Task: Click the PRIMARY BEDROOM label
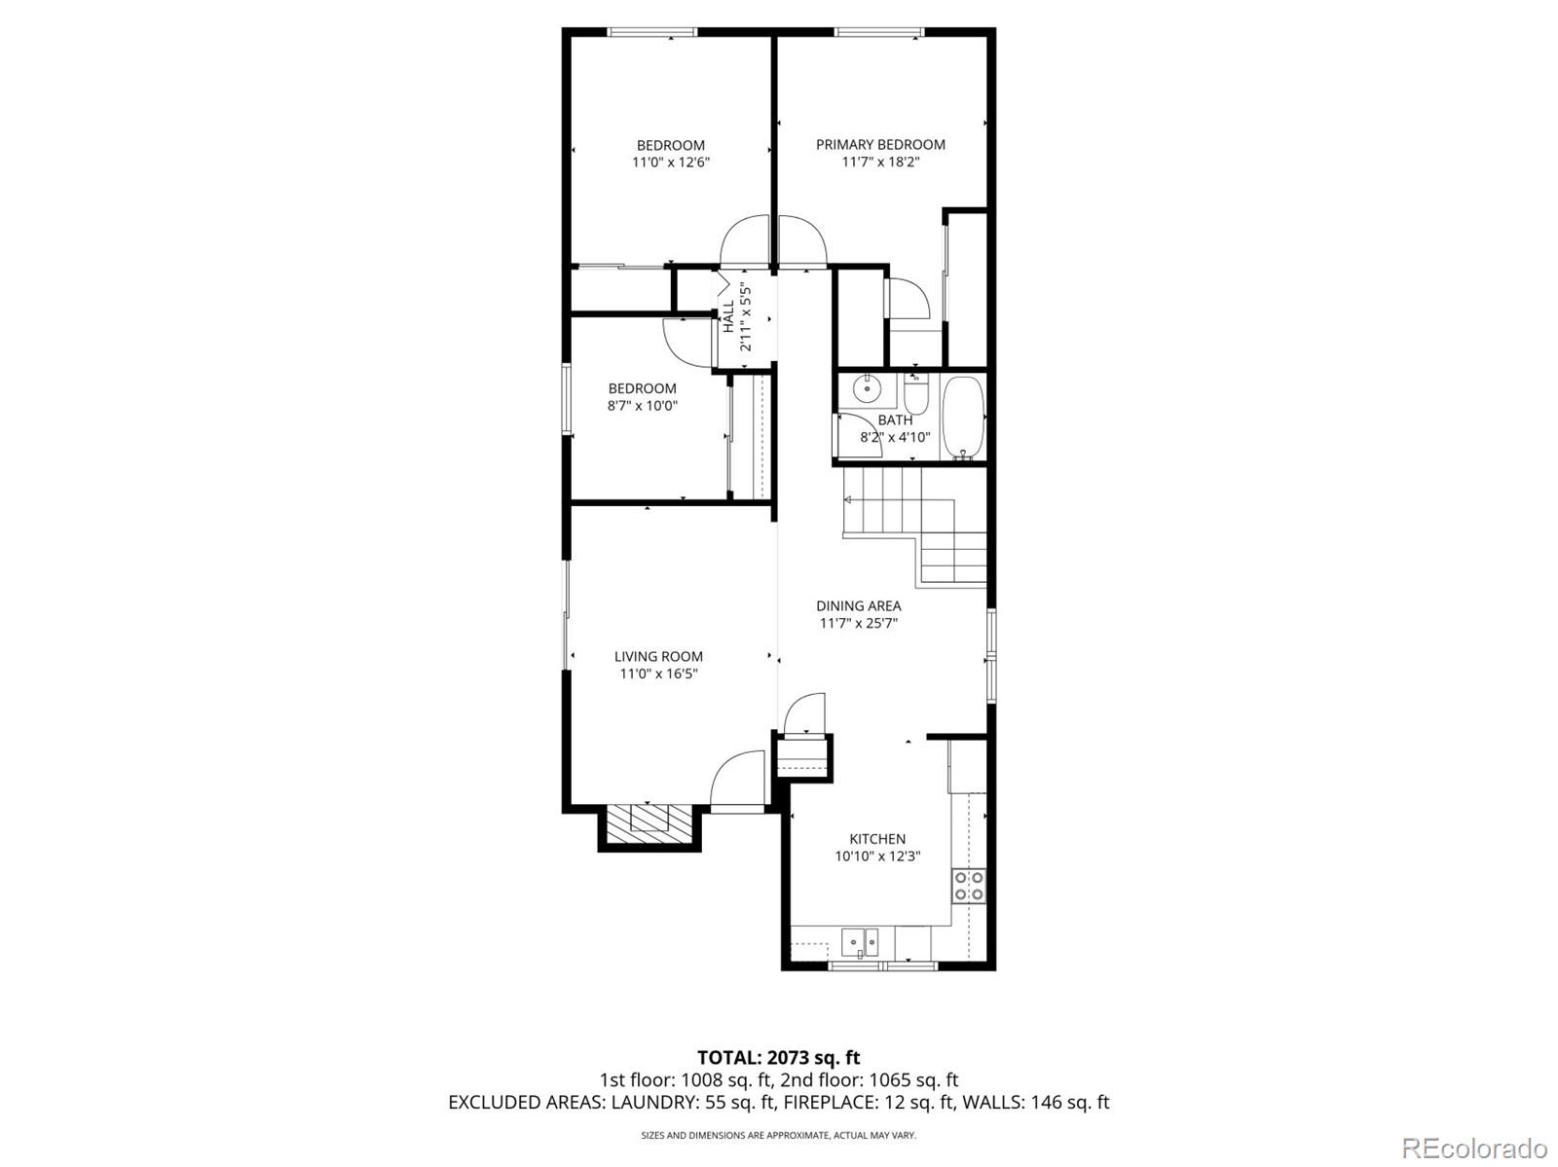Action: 880,145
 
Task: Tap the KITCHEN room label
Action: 877,839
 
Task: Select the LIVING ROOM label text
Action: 658,657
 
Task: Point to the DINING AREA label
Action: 859,605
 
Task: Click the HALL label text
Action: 728,316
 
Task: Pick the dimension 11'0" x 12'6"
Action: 671,163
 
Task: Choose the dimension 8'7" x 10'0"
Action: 643,406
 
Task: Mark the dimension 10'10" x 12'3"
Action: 877,857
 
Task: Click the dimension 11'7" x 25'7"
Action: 859,624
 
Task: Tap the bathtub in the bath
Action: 963,418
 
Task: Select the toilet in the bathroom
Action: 916,395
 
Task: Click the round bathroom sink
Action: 867,388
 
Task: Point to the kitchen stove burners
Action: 968,886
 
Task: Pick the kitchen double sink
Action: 860,942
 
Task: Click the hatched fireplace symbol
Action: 649,823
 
